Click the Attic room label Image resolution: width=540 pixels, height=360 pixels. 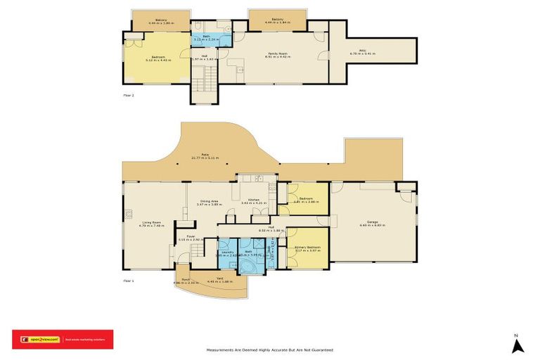pos(364,51)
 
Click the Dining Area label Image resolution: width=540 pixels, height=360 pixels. pos(209,202)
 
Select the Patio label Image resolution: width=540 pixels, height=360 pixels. pos(205,157)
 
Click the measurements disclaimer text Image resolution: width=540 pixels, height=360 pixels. pos(269,349)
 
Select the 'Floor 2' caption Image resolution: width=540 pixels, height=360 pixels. pos(127,94)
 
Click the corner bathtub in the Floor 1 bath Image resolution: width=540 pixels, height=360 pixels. pos(247,266)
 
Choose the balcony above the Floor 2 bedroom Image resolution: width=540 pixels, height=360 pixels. pos(160,20)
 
